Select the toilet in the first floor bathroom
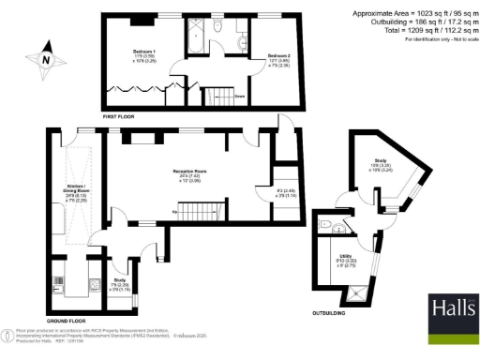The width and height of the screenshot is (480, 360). point(217,27)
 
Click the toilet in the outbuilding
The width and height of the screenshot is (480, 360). point(323,225)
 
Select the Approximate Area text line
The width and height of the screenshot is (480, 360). point(414,13)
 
